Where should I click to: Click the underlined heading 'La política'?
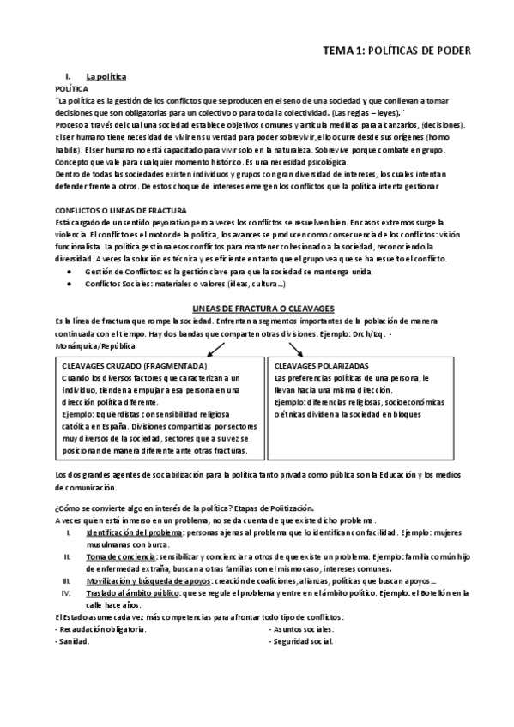click(x=106, y=77)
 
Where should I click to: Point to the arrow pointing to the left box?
click(x=215, y=347)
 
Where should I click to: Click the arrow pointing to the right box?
click(x=296, y=347)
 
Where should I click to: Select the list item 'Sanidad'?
click(x=72, y=641)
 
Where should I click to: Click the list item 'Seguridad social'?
click(x=302, y=641)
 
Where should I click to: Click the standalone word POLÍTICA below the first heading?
click(x=70, y=88)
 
